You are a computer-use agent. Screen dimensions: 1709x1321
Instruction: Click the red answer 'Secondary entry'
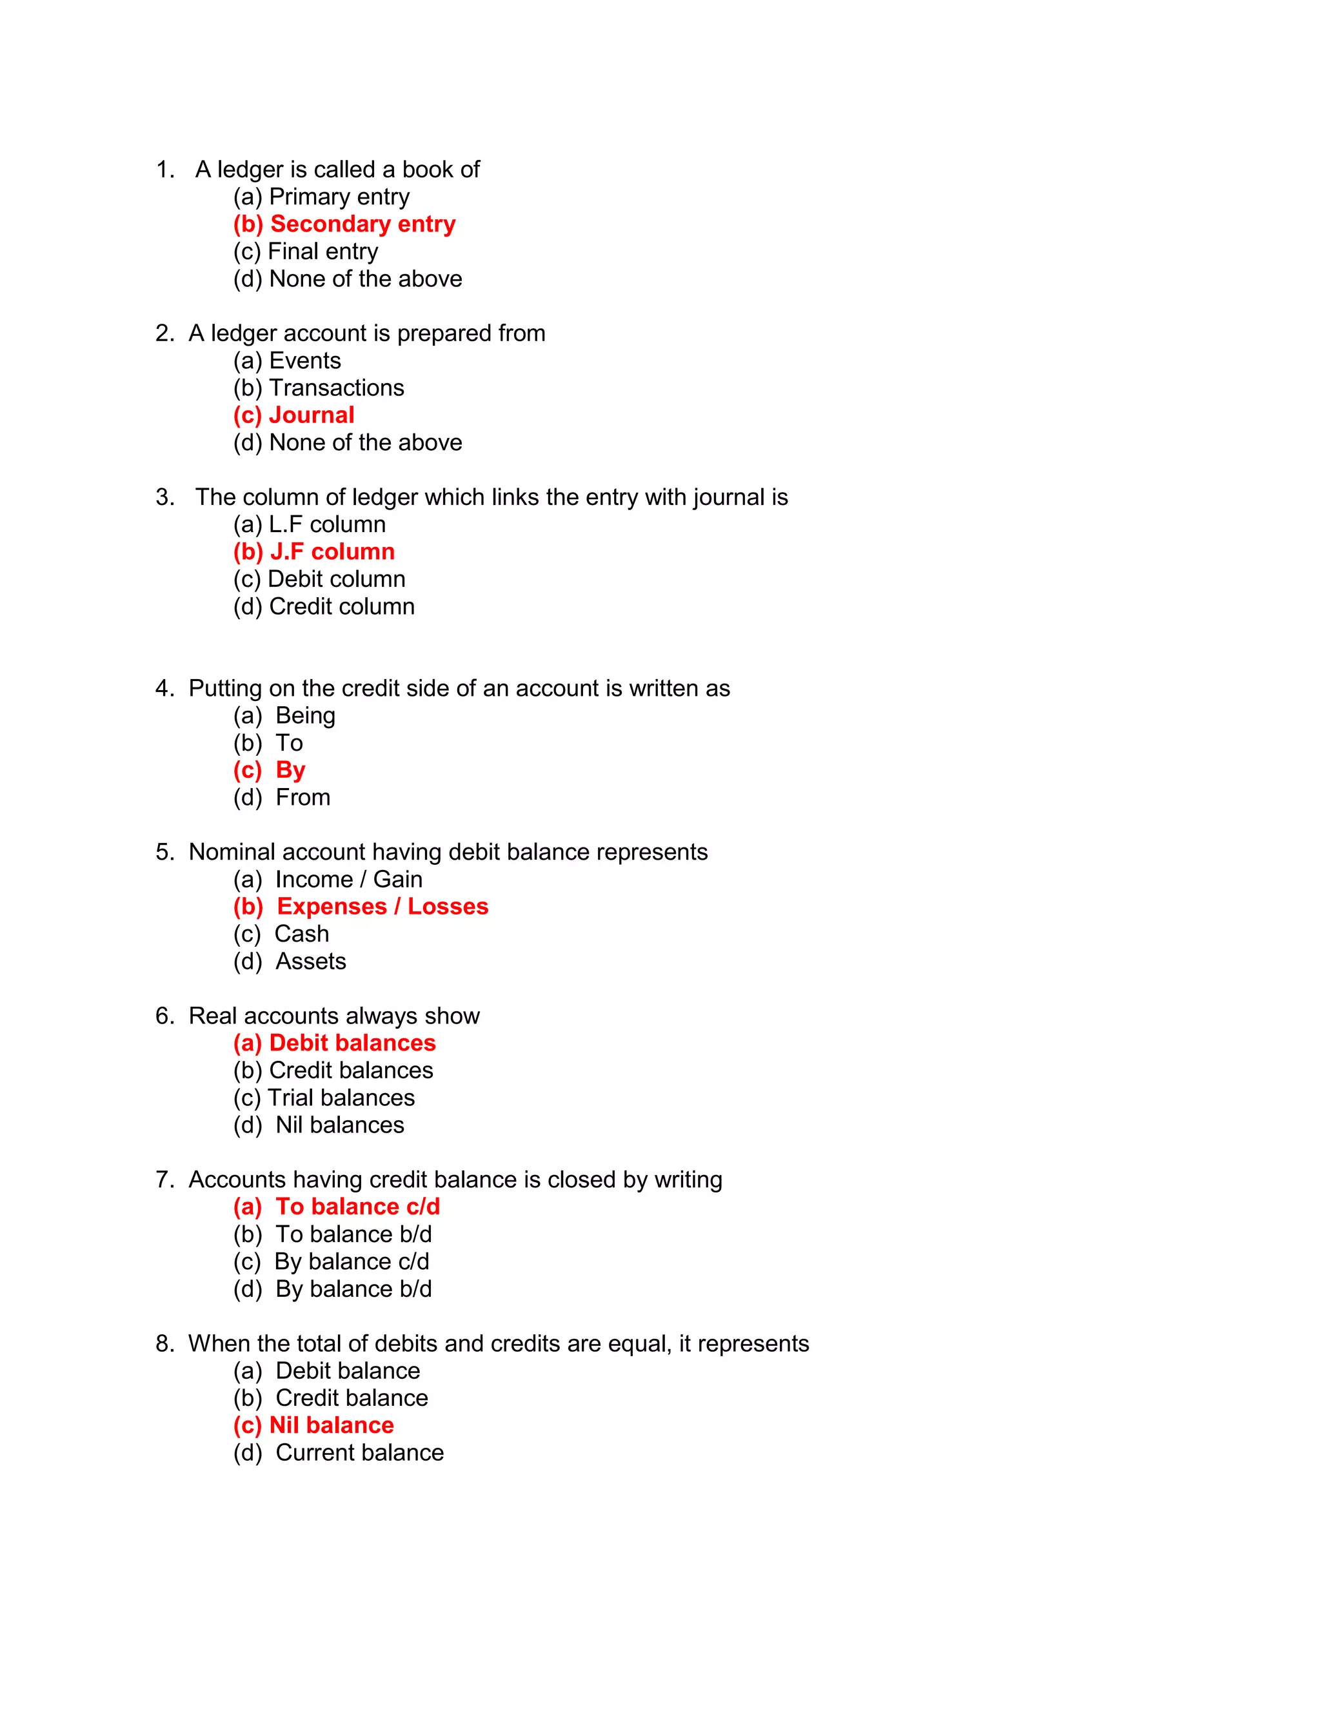point(362,224)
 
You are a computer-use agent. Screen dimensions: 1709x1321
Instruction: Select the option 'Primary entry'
point(339,197)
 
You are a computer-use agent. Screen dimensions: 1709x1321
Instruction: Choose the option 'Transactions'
point(337,388)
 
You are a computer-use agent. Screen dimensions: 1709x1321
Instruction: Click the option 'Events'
point(304,361)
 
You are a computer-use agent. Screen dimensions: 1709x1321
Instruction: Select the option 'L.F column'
point(327,524)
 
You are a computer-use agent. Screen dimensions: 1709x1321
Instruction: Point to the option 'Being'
point(305,715)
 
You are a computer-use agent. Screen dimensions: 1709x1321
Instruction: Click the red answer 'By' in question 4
point(290,770)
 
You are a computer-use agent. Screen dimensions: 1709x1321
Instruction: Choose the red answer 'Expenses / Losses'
point(382,906)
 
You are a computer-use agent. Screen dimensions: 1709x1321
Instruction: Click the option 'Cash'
point(301,934)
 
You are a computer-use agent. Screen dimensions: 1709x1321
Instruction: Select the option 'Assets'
point(311,961)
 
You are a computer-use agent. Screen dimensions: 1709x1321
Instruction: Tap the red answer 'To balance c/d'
point(357,1207)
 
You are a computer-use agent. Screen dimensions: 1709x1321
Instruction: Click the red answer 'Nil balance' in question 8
point(331,1425)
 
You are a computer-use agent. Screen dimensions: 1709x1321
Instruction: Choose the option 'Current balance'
point(359,1452)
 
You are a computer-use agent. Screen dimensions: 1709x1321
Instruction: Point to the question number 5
point(164,852)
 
